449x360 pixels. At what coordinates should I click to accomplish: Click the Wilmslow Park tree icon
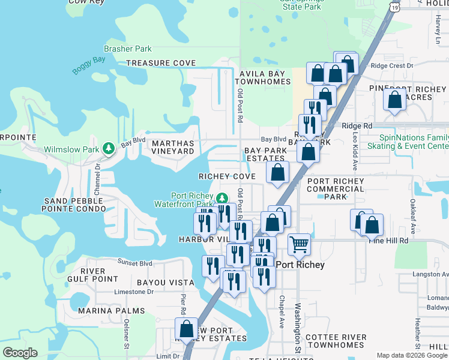(x=109, y=148)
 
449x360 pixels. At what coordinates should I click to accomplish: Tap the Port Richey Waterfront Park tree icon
(x=222, y=197)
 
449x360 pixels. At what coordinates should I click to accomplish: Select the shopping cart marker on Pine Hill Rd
(x=299, y=244)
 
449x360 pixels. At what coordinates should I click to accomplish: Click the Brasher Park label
(x=128, y=49)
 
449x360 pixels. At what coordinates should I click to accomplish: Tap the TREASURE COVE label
(x=161, y=63)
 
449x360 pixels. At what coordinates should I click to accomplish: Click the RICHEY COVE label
(x=228, y=177)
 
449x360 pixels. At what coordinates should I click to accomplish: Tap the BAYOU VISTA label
(x=166, y=282)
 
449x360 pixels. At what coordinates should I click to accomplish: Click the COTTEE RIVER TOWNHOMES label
(x=335, y=341)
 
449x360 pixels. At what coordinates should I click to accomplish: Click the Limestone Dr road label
(x=134, y=292)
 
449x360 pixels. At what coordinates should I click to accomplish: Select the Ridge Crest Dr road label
(x=393, y=66)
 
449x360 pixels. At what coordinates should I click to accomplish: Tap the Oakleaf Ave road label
(x=412, y=211)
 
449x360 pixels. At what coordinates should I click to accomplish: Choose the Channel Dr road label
(x=98, y=173)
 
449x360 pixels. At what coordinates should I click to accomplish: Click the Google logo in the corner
(x=20, y=352)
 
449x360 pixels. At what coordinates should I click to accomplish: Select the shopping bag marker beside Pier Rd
(x=186, y=328)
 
